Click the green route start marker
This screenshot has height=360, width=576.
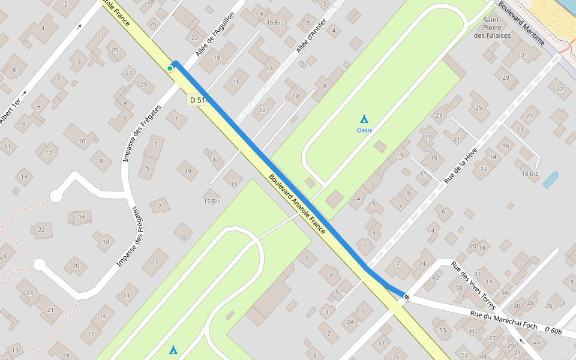[170, 68]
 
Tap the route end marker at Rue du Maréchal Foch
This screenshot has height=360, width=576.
[406, 296]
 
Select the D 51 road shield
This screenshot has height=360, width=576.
[198, 100]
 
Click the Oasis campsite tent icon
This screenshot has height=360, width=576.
[364, 119]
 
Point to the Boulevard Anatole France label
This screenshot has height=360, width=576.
[296, 205]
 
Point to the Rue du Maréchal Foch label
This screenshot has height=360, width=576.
[503, 319]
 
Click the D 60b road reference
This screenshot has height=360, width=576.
[553, 330]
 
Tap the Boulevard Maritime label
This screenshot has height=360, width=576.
[521, 23]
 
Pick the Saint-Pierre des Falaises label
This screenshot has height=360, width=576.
[492, 28]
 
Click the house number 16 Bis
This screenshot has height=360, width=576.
[275, 23]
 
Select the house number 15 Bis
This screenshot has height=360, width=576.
[212, 201]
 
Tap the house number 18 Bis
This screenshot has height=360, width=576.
[530, 173]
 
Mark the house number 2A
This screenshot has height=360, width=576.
[351, 322]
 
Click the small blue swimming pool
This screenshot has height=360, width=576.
[550, 180]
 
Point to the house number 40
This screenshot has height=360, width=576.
[435, 277]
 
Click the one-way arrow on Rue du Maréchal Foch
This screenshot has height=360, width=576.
[520, 341]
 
